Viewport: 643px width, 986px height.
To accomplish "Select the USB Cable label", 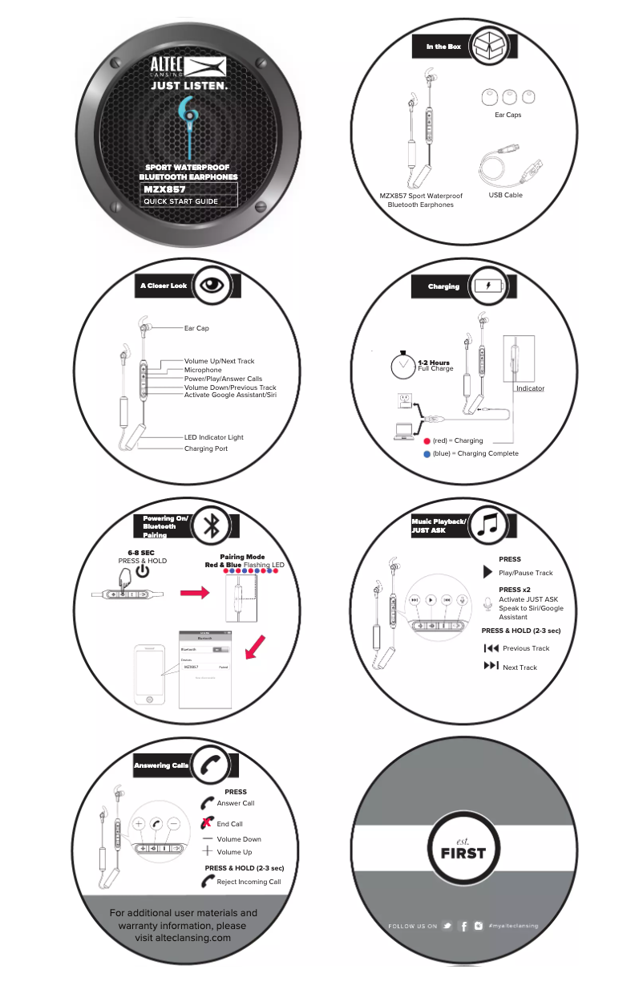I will pyautogui.click(x=505, y=195).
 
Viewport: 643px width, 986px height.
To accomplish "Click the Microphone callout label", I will pyautogui.click(x=203, y=370).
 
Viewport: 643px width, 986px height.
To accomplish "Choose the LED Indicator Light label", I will pyautogui.click(x=213, y=437).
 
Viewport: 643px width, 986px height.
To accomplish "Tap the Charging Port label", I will pyautogui.click(x=206, y=448).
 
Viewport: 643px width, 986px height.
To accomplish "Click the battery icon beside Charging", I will pyautogui.click(x=489, y=286).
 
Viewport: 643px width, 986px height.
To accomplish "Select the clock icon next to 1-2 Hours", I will pyautogui.click(x=402, y=367).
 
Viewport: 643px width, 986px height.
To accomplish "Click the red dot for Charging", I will pyautogui.click(x=427, y=440).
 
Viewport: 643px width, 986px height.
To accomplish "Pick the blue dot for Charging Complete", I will pyautogui.click(x=427, y=453).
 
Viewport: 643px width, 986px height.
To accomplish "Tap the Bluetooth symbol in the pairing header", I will pyautogui.click(x=212, y=525).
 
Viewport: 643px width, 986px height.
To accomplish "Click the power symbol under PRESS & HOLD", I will pyautogui.click(x=142, y=571).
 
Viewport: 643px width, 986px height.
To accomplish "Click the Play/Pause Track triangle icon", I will pyautogui.click(x=487, y=573).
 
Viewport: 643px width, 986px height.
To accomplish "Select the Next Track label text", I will pyautogui.click(x=520, y=667).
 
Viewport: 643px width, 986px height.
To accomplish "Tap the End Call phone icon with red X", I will pyautogui.click(x=207, y=823).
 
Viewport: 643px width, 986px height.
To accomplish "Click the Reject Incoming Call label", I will pyautogui.click(x=249, y=882).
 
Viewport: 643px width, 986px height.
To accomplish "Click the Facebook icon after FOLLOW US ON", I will pyautogui.click(x=464, y=926).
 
